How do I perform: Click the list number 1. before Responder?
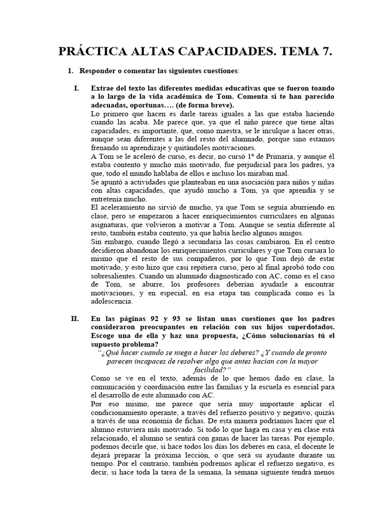[x=71, y=72]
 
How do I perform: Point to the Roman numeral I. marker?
[x=76, y=88]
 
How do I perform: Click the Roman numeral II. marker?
[x=75, y=319]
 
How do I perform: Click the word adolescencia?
[x=115, y=302]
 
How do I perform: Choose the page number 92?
[x=150, y=319]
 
